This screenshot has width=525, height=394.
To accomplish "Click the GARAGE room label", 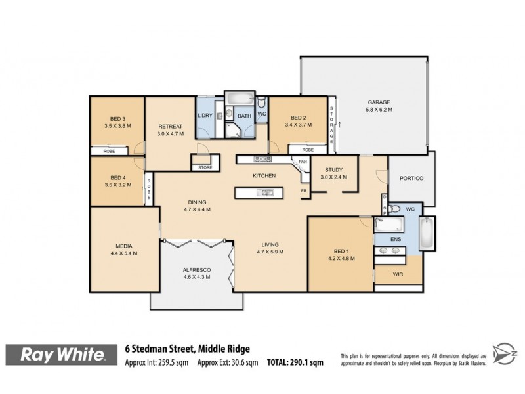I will [379, 102].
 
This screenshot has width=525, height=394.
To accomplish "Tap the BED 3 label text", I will [118, 119].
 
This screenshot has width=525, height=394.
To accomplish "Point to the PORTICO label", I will [411, 179].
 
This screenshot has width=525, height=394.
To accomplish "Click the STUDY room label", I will [333, 170].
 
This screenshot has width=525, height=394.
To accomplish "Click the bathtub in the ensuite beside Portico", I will [427, 234].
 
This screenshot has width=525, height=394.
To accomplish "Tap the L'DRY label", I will [205, 116].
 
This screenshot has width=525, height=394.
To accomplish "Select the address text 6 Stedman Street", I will [165, 349].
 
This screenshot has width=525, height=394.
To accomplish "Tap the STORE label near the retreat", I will [205, 168].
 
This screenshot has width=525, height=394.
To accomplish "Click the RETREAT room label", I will [170, 126].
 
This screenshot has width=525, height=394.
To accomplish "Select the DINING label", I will [197, 202].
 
